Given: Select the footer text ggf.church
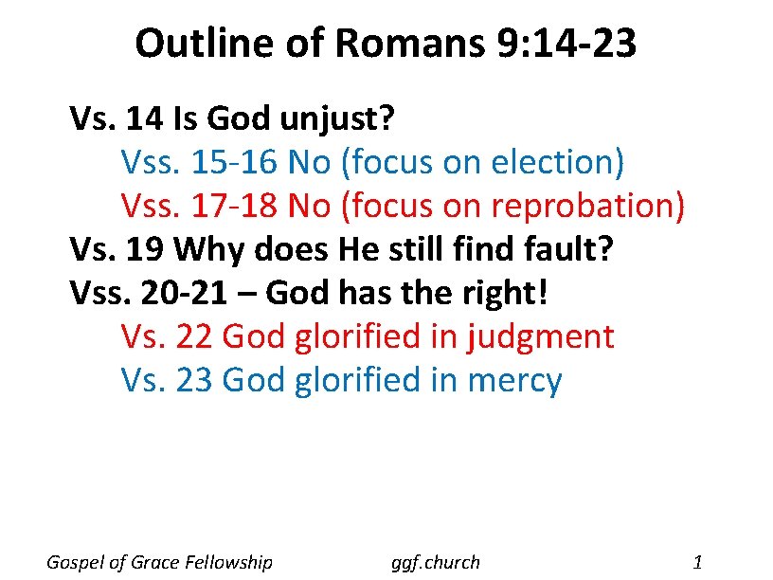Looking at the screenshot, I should (436, 562).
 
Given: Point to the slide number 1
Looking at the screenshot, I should (697, 562).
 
